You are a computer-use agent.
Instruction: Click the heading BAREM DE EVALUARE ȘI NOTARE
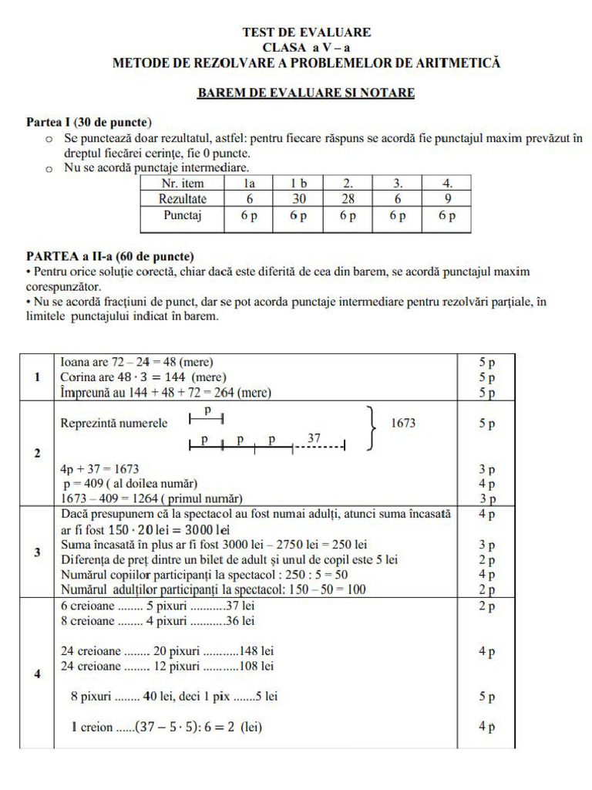coord(306,93)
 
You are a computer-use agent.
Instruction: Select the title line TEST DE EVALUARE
coord(306,32)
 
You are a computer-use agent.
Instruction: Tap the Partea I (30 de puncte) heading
coord(89,123)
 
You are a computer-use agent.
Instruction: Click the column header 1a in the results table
coord(248,184)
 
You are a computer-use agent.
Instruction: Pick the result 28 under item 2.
coord(347,199)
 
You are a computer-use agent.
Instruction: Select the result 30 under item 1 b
coord(298,199)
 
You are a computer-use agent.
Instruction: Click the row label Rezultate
coord(182,199)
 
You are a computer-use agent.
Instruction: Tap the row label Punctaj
coord(182,217)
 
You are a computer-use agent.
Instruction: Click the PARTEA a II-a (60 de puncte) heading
coord(109,256)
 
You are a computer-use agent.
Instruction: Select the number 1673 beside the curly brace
coord(404,424)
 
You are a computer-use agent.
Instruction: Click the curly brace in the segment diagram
coord(372,427)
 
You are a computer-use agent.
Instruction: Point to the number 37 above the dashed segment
coord(314,437)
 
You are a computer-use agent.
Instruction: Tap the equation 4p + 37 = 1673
coord(99,469)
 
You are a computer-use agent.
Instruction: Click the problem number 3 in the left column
coord(37,552)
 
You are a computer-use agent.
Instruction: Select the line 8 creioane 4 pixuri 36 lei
coord(157,620)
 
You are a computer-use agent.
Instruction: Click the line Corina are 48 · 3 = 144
coord(143,377)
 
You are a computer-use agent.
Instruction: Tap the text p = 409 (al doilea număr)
coord(130,484)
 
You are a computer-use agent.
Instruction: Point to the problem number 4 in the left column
coord(37,674)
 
